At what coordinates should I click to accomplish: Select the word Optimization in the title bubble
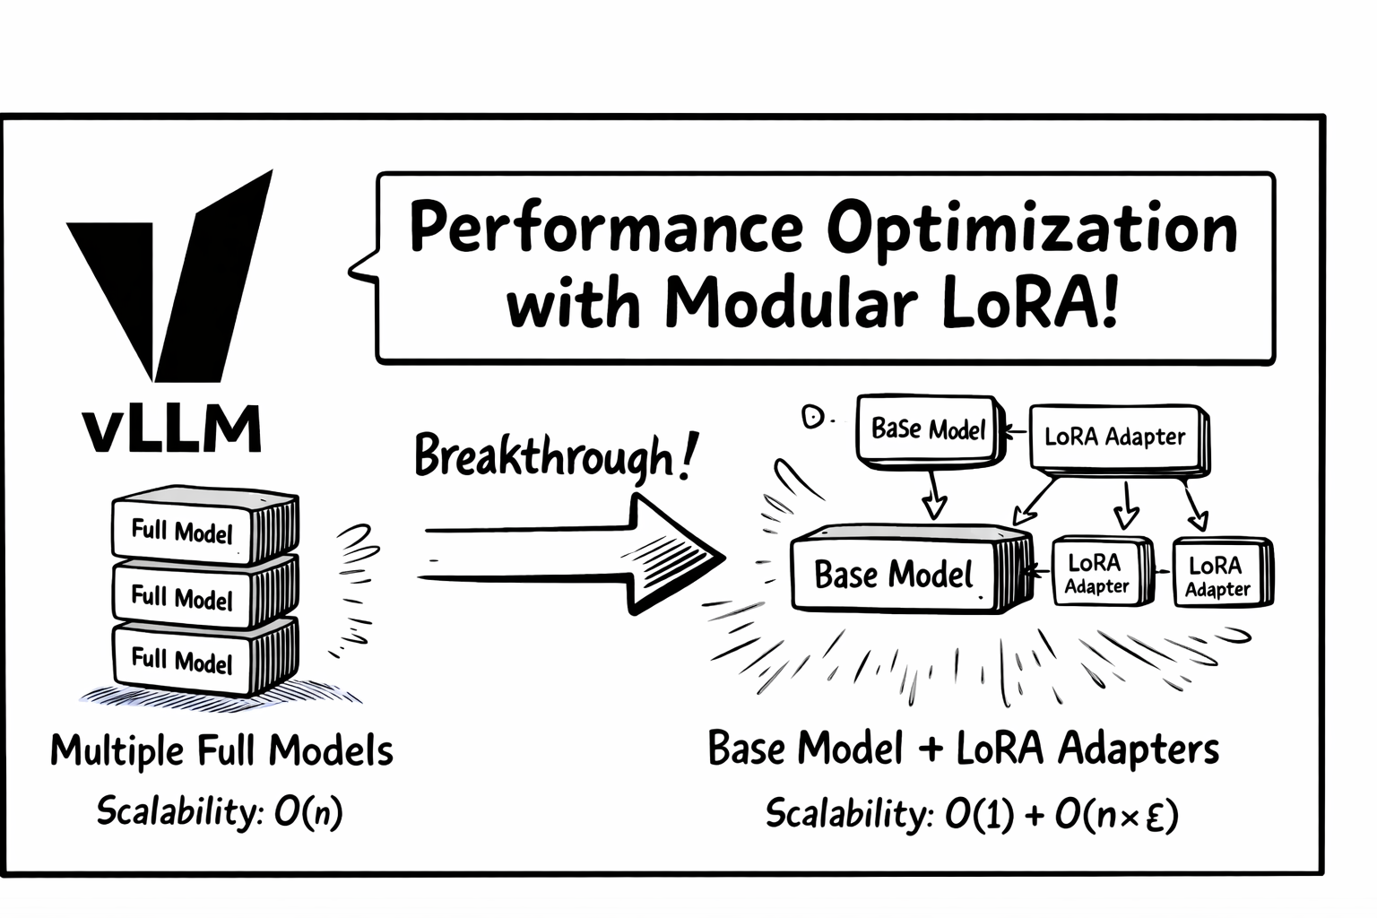[x=1031, y=229]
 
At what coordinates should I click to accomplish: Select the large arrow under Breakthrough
[x=574, y=555]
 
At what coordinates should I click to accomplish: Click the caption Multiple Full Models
[x=221, y=750]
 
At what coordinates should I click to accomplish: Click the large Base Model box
[x=894, y=574]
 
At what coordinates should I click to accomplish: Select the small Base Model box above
[x=928, y=429]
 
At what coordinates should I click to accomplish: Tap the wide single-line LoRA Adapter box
[x=1115, y=437]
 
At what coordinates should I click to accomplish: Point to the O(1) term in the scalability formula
[x=979, y=815]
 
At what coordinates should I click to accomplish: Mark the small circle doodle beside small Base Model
[x=813, y=417]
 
